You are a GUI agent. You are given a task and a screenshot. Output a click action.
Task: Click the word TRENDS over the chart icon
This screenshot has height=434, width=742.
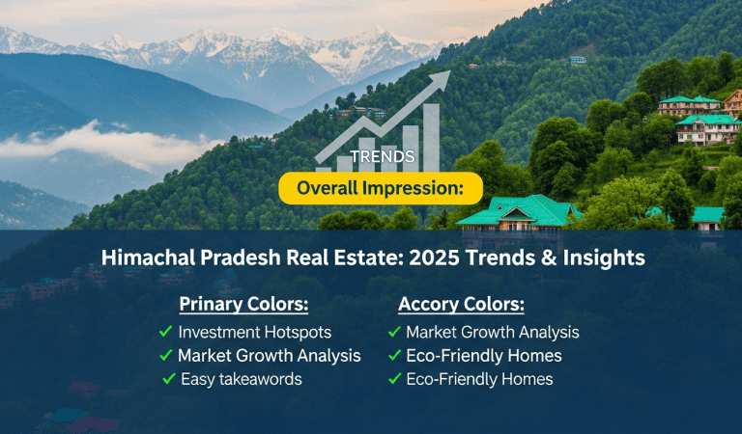[x=384, y=156]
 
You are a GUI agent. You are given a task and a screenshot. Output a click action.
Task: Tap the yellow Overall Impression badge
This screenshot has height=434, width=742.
[x=380, y=188]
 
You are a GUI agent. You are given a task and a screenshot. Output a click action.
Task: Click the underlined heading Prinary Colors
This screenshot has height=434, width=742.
[x=243, y=305]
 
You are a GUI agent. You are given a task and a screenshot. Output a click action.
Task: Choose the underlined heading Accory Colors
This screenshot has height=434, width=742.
[x=461, y=305]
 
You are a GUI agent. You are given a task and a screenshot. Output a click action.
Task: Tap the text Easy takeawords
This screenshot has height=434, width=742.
[x=242, y=379]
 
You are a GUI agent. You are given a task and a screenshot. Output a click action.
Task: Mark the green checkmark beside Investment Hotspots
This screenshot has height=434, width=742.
[x=165, y=332]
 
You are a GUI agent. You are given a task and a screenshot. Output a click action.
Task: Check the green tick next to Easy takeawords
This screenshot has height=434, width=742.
[x=168, y=379]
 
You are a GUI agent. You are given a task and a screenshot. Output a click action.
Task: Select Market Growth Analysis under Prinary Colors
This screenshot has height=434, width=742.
[x=270, y=356]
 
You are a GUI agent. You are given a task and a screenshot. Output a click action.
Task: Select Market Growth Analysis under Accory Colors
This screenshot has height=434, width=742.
[x=492, y=332]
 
